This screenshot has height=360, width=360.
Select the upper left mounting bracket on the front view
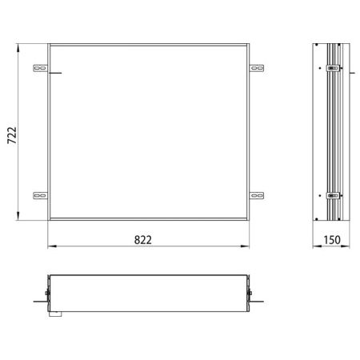[x=39, y=70]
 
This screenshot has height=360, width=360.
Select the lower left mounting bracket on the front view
[x=39, y=194]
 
